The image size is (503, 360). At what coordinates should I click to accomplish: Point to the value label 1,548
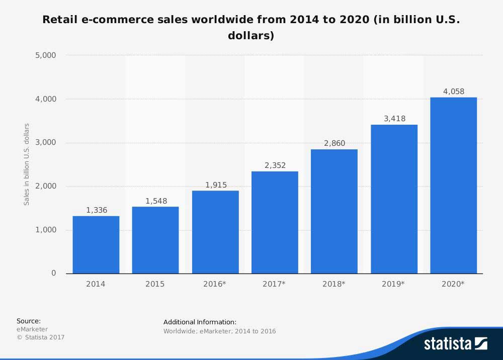click(x=155, y=201)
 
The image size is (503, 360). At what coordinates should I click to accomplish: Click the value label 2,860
click(x=334, y=143)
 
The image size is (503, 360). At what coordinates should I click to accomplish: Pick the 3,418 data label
click(x=394, y=119)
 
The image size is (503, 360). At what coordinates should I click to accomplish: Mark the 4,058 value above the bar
click(x=454, y=92)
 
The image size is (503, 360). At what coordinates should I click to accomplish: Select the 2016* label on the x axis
click(x=215, y=284)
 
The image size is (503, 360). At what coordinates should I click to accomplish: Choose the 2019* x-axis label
click(x=393, y=284)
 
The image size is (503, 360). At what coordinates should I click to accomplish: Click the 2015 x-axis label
click(x=155, y=284)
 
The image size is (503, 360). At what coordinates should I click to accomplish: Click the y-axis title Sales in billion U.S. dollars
click(x=27, y=164)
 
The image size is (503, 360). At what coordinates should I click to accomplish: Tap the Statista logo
click(x=455, y=343)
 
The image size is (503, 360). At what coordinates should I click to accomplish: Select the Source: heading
click(x=29, y=321)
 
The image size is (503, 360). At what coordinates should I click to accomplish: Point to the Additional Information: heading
click(x=200, y=322)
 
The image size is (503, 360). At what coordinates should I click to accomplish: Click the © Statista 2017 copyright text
click(x=41, y=337)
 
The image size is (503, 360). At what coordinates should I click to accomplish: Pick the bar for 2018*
click(x=334, y=211)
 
